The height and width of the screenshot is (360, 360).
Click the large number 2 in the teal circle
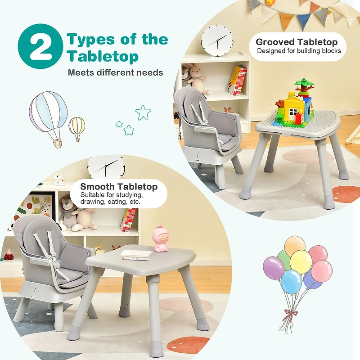[x=40, y=46]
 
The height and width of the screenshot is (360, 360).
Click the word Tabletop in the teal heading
[x=103, y=57]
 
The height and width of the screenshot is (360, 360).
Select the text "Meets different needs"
[x=115, y=72]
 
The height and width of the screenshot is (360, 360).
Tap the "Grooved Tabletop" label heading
[x=297, y=42]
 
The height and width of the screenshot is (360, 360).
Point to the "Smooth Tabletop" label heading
[x=119, y=186]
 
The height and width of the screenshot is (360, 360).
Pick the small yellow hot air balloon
[x=77, y=127]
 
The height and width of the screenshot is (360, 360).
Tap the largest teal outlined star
[x=143, y=112]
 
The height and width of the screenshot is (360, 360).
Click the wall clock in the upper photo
[x=217, y=40]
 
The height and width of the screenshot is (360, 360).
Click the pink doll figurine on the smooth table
[x=160, y=238]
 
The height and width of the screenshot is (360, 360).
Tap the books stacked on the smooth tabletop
[x=136, y=255]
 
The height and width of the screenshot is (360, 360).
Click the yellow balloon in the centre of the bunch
[x=301, y=261]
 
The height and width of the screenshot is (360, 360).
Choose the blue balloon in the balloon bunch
[x=291, y=281]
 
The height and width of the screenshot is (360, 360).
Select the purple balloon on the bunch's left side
[x=273, y=268]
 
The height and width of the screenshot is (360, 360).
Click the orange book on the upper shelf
[x=237, y=81]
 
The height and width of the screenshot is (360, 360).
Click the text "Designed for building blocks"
[x=299, y=51]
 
